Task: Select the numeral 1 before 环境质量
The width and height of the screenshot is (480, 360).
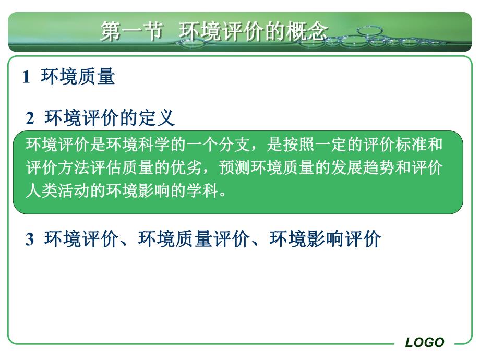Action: coord(26,78)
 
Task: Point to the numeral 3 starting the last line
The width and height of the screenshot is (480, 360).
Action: coord(30,239)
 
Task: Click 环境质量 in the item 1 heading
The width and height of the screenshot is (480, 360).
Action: coord(77,77)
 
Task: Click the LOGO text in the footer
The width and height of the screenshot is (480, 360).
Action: coord(425,342)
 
